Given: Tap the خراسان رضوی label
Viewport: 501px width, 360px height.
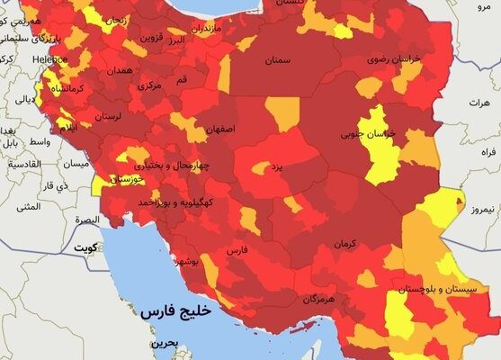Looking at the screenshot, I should [x=393, y=58].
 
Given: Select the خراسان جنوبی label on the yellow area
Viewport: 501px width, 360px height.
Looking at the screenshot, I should [x=377, y=136].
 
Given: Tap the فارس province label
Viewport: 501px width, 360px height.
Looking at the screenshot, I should [x=236, y=249].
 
